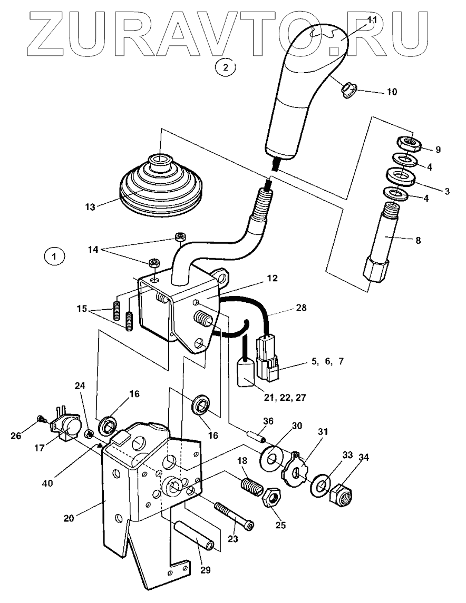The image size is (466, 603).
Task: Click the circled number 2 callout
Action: [x=226, y=67]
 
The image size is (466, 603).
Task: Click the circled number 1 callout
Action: [x=54, y=256]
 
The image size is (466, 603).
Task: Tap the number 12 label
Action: [x=271, y=278]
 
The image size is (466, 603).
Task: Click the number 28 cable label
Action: [x=301, y=307]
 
